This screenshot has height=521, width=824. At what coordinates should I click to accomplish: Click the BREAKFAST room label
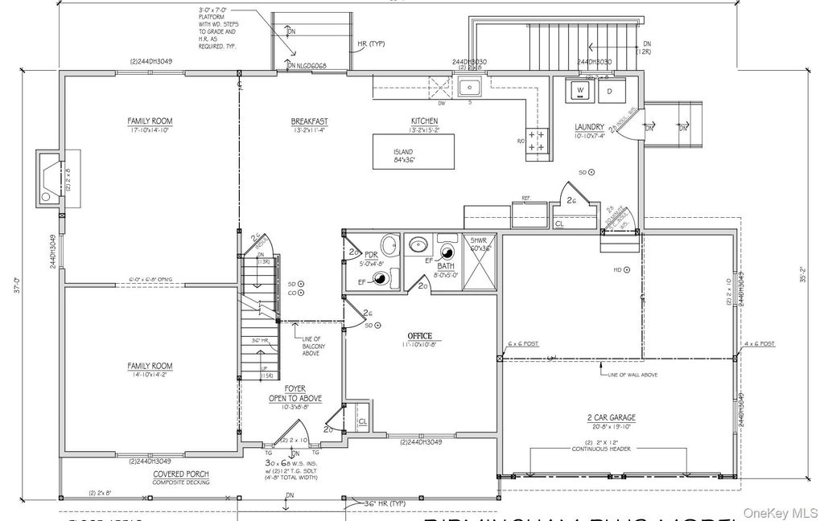(x=309, y=121)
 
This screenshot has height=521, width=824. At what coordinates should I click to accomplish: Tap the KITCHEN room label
(x=423, y=121)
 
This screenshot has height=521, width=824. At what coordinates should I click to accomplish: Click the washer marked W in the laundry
(x=578, y=91)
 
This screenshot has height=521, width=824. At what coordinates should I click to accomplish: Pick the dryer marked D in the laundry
(x=609, y=91)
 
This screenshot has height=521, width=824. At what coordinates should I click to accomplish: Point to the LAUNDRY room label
(x=589, y=127)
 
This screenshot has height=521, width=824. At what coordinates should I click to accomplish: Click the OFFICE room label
(x=419, y=335)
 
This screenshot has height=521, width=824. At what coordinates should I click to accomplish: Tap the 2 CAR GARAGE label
(x=612, y=417)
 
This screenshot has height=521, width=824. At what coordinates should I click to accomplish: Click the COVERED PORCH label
(x=181, y=474)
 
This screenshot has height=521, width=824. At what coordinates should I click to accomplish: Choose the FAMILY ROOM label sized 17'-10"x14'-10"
(x=150, y=121)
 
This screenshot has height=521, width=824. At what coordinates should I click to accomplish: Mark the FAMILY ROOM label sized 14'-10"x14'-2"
(x=150, y=366)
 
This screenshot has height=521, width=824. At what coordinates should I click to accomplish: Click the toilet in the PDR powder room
(x=385, y=279)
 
